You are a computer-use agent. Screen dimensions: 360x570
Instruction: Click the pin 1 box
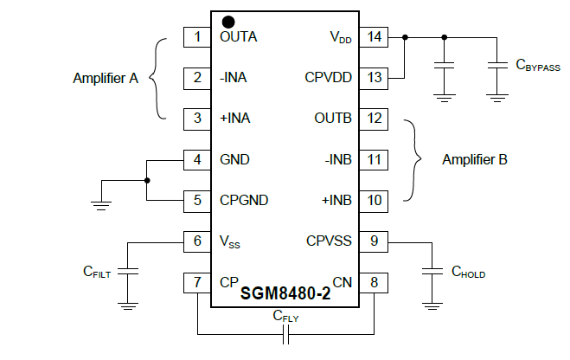pos(197,37)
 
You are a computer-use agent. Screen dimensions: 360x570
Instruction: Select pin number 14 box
pos(375,37)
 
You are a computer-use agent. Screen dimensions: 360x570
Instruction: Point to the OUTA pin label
pos(238,37)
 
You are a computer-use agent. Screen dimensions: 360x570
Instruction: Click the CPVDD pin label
pos(329,78)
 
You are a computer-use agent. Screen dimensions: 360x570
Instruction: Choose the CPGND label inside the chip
pos(244,200)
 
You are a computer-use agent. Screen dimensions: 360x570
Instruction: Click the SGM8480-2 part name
pos(285,293)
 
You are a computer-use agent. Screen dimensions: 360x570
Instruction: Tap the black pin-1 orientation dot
pos(228,22)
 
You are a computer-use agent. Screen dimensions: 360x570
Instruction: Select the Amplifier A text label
pos(105,78)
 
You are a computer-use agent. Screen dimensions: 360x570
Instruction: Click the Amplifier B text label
pos(474,159)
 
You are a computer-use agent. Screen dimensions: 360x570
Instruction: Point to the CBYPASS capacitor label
pos(536,64)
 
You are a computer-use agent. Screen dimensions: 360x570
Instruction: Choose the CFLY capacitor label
pos(286,316)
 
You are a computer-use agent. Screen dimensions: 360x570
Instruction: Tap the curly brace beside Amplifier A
pos(157,78)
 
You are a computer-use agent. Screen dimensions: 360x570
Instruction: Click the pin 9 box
pos(375,241)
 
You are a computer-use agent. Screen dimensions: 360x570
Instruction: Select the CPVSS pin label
pos(329,241)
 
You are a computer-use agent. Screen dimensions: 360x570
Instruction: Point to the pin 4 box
pos(197,159)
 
